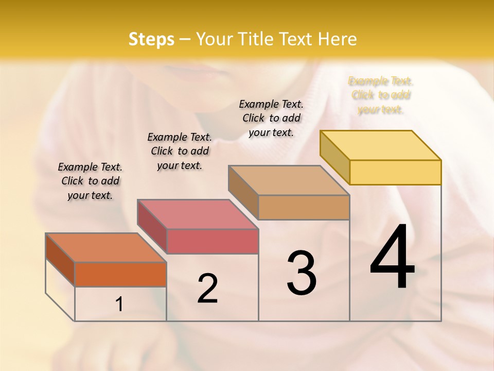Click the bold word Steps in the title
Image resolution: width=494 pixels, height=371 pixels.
point(151,39)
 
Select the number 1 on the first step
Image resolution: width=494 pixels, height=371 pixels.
point(119,305)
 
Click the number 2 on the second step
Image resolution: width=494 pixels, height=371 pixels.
point(207,289)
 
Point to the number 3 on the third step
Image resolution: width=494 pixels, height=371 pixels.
point(301,273)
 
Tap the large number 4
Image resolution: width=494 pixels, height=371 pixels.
point(392,258)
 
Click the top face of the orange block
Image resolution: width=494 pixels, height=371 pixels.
point(106,248)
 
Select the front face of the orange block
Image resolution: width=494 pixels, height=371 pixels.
point(120,274)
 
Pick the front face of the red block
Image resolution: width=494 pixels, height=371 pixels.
point(212,241)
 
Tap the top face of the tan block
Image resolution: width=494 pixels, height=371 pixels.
point(289,180)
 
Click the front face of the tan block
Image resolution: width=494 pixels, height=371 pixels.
point(304,207)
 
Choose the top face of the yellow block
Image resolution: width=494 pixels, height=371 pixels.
point(381,145)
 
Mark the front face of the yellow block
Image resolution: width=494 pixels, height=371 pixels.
point(395,172)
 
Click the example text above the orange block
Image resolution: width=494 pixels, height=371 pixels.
point(90,181)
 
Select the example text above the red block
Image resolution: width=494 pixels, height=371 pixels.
point(180,151)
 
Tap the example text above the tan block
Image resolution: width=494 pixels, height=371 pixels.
point(271,118)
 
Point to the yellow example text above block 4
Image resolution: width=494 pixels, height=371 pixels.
point(381,95)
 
